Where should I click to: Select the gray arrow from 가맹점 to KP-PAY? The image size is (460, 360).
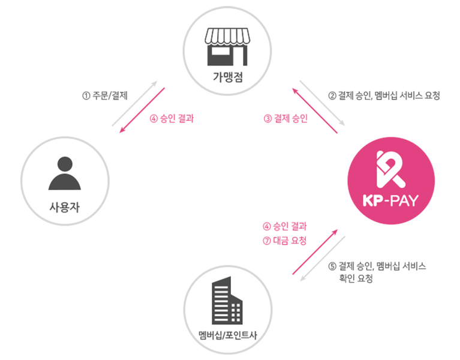pos(322,103)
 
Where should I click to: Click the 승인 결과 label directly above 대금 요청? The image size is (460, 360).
pos(290,227)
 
